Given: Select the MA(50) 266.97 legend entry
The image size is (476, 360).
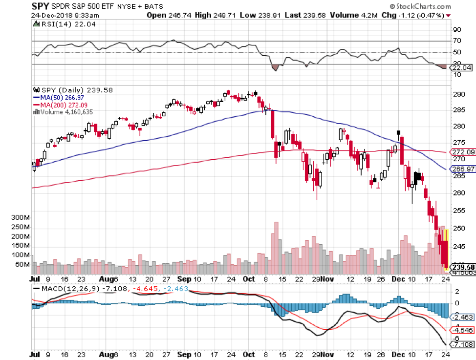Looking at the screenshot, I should pos(63,97).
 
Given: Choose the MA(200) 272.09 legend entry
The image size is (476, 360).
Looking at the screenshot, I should pos(64,104).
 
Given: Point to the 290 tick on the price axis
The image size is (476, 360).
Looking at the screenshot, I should pos(458,94).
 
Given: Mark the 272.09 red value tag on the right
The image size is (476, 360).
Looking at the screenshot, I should pos(461,152).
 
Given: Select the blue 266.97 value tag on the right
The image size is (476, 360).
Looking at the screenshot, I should pos(461,169).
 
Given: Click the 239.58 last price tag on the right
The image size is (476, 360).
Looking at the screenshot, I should pos(461,267).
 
